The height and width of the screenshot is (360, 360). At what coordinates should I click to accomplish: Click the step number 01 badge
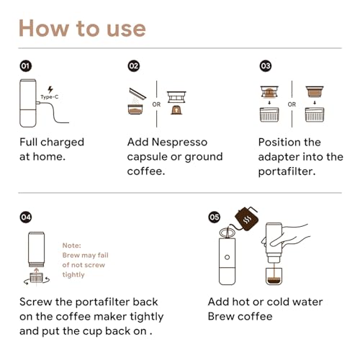pos(26,66)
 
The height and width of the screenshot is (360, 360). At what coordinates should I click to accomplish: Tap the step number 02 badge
pos(134,66)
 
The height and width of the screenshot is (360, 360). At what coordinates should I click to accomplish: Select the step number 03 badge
pos(266,66)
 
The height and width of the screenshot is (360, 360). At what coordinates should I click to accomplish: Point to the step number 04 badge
pos(26,217)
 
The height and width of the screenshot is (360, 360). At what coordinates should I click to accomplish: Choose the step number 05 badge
pos(214,217)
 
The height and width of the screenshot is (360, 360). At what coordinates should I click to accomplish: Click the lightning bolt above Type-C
pos(50,89)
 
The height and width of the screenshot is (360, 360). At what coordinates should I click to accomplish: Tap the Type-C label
pos(50,97)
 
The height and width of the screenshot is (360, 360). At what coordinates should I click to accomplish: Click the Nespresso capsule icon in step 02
pos(176,110)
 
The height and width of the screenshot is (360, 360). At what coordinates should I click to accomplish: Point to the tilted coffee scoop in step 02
pos(138,94)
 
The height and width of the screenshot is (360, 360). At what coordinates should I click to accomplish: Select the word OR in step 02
pos(156,104)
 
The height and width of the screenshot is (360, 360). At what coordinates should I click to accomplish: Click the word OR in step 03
pos(292,104)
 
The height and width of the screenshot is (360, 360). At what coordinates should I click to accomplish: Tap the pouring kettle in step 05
pos(246,218)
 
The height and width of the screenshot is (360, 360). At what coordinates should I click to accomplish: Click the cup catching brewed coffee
pos(274,276)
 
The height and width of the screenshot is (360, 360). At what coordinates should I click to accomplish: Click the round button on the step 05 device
pos(227,257)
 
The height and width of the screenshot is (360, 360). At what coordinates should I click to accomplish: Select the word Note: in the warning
pos(72,246)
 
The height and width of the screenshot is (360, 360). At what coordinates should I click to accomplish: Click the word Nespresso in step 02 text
pos(179,142)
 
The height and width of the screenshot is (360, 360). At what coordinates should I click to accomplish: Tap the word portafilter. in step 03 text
pos(287,172)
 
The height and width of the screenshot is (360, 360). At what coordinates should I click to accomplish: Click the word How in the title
pos(44,29)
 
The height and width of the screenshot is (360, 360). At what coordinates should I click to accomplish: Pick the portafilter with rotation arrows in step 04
pos(37,279)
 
